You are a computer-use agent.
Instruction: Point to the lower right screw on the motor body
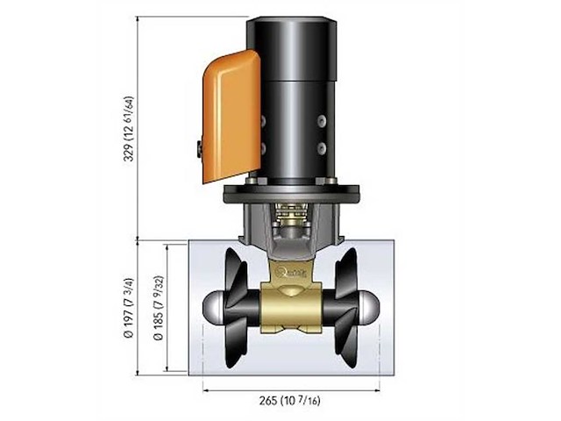click(x=321, y=148)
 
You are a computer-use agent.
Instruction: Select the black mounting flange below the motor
click(x=290, y=194)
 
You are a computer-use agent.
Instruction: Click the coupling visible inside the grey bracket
click(x=290, y=219)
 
